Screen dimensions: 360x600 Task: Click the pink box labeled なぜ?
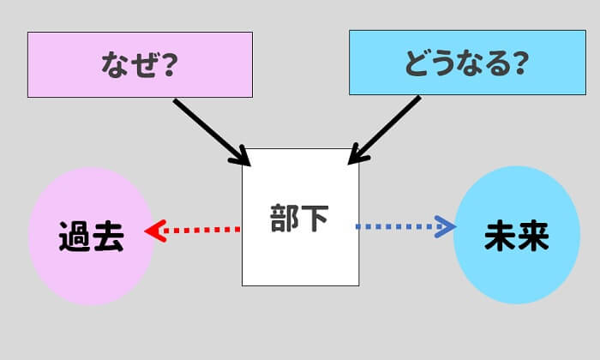coord(140,64)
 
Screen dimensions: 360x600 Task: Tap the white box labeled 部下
coord(300,217)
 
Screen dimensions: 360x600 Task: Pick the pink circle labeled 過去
coord(91,236)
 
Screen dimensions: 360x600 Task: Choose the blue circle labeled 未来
coord(516,236)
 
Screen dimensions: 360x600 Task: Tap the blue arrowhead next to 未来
coord(445,227)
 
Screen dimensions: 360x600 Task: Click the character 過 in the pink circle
coord(75,237)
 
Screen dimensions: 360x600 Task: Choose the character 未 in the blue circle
coord(500,237)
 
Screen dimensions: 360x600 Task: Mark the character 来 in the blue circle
coord(532,237)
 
